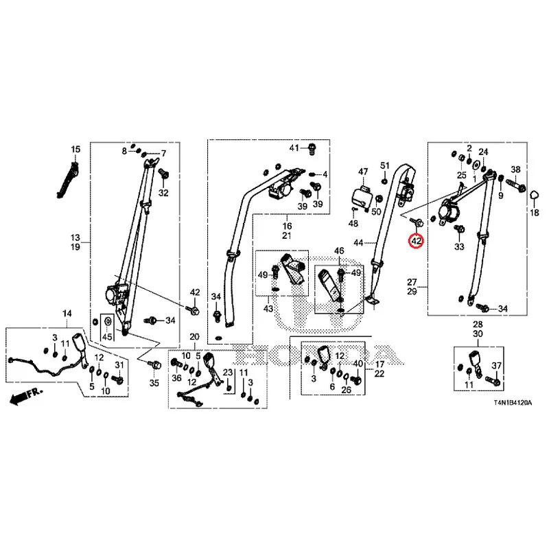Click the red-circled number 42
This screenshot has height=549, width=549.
pos(417,241)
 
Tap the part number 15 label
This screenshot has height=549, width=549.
pos(75,149)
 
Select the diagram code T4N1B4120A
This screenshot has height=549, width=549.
pos(513,403)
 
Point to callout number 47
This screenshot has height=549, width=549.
pos(363,172)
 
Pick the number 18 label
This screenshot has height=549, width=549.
pos(535,212)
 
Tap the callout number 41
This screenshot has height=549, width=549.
pos(294,148)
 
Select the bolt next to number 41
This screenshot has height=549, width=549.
pos(312,148)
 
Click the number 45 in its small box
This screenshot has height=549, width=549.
pos(107,336)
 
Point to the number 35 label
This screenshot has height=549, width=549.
pos(154,383)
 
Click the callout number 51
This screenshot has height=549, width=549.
pos(385,165)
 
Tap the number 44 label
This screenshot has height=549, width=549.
pos(358,242)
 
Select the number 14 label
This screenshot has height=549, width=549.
pos(67,314)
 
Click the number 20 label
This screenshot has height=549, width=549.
pos(195,336)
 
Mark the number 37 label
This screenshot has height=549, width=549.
pos(496,366)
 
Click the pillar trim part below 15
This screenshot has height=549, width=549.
pos(67,180)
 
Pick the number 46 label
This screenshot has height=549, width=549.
pos(339,250)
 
